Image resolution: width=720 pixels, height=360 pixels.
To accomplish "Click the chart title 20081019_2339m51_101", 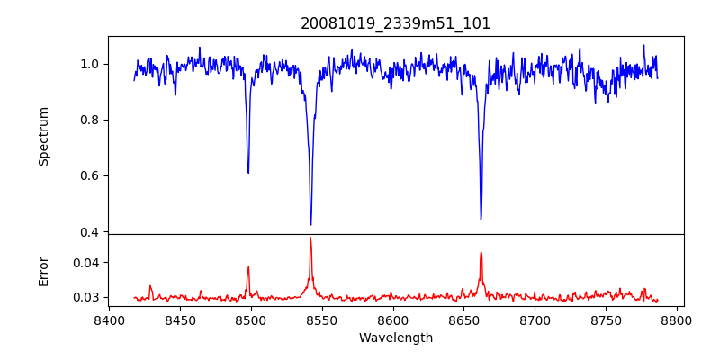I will click(x=396, y=23).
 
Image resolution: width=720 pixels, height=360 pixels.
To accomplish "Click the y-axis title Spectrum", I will click(x=43, y=136).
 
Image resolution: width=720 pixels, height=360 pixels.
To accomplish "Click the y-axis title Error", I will click(x=43, y=271).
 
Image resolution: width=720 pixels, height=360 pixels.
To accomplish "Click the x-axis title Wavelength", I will click(x=396, y=338).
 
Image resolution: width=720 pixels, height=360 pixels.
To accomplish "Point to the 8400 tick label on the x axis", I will click(x=109, y=319).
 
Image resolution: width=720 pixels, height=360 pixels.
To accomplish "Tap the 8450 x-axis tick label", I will click(x=180, y=319).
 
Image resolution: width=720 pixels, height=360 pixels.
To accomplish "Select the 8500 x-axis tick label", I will click(x=251, y=319).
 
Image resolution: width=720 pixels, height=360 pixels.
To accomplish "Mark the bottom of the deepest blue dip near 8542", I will click(x=310, y=224).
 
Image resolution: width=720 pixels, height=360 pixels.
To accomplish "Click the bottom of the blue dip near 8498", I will click(x=248, y=173).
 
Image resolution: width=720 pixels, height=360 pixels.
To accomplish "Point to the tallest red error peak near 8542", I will click(x=310, y=238).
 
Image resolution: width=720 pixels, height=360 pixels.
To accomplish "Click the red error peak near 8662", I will click(x=481, y=252).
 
